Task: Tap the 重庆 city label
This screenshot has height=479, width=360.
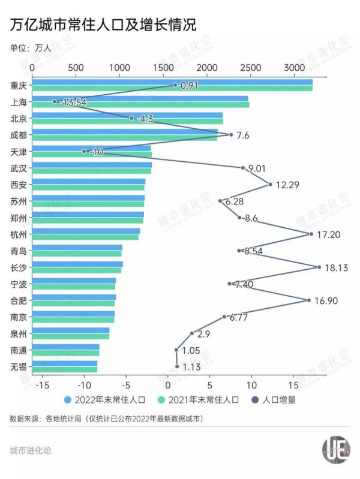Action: coord(18,85)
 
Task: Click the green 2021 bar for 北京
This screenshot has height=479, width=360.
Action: coord(127,121)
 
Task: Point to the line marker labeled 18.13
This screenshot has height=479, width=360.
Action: coord(319,267)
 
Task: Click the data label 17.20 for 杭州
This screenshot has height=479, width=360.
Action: coord(328,234)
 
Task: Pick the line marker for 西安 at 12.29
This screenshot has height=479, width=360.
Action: coord(271,184)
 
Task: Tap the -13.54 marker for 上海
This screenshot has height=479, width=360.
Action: coord(55,102)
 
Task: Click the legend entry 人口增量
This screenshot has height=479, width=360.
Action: coord(279,398)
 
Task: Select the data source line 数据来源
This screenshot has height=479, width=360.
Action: coord(106,418)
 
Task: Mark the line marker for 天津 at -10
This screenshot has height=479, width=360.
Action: coord(84,152)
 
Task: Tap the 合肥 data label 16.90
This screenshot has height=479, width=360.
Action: coord(328,300)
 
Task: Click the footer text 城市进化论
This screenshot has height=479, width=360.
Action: coord(31,450)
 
